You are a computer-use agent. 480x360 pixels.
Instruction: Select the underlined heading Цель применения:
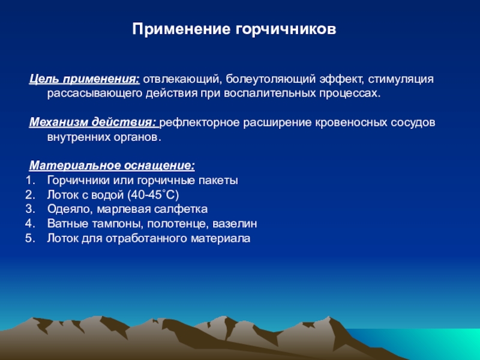click(85, 79)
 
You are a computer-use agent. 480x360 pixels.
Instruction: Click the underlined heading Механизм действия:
click(94, 122)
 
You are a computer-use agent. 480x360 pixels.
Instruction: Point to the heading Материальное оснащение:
click(112, 166)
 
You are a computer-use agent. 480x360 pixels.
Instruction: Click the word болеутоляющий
click(271, 79)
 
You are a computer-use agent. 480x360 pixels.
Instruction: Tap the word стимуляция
click(401, 79)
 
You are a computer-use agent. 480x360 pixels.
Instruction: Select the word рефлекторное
click(199, 123)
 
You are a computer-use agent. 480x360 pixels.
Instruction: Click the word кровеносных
click(351, 123)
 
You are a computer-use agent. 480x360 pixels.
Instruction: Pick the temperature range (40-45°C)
click(153, 194)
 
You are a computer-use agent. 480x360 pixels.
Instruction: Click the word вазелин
click(235, 224)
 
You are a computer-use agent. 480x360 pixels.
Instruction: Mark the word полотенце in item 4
click(176, 224)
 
